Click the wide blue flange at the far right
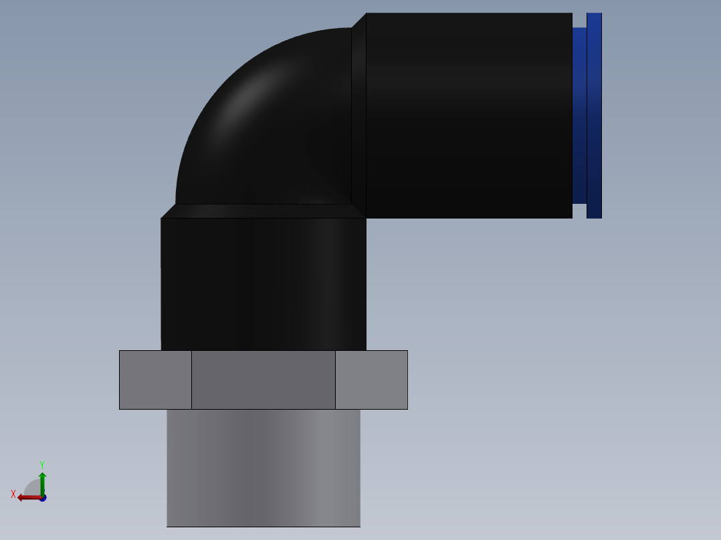point(594,115)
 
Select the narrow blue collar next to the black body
point(579,115)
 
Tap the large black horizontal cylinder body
point(468,115)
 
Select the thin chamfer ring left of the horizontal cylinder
point(359,115)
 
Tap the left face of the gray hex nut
point(155,380)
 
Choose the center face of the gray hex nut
point(264,380)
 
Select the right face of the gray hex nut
point(371,380)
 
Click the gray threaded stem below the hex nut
point(264,468)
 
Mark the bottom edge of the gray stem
point(264,526)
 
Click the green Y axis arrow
point(42,481)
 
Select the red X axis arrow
point(28,497)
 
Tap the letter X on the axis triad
point(13,494)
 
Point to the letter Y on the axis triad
point(41,464)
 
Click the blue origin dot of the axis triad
point(43,499)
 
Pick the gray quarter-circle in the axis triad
point(33,488)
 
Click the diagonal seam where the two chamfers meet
point(359,211)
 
